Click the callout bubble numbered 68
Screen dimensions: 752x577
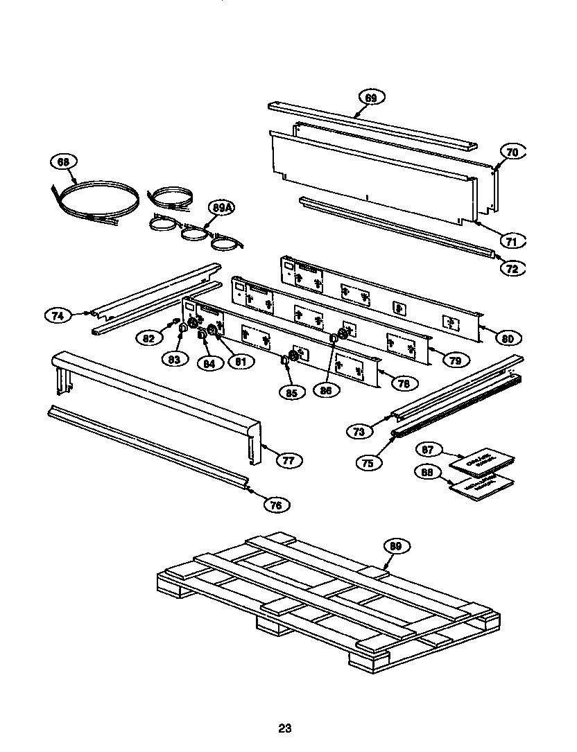(63, 162)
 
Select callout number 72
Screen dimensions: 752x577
(512, 269)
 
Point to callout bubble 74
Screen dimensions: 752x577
(58, 315)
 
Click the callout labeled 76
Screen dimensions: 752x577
(276, 505)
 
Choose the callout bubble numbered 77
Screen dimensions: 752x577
(288, 459)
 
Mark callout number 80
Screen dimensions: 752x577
(508, 338)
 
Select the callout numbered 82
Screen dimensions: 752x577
(148, 338)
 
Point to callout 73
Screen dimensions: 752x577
(359, 431)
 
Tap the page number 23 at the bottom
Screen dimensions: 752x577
(284, 728)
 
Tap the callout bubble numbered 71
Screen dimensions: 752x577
(512, 241)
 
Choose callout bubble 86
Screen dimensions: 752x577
(326, 390)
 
